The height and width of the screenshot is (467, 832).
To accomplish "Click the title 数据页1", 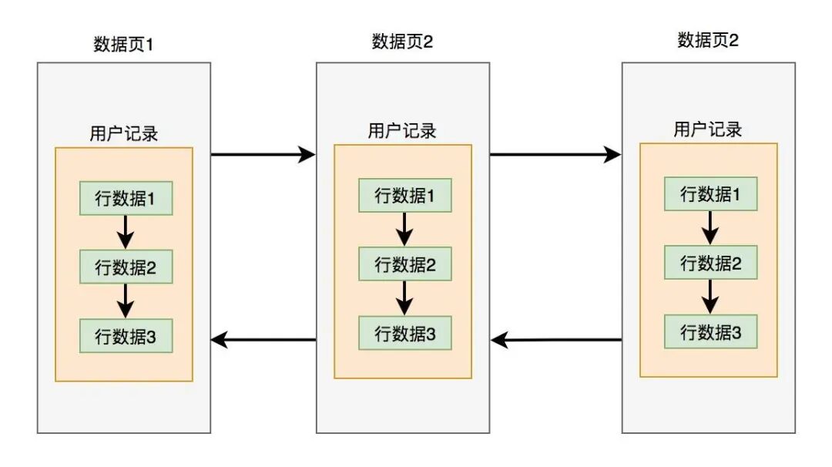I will click(124, 44).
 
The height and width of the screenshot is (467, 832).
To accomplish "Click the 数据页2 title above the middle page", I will click(402, 42).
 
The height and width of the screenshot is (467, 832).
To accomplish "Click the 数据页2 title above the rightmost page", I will click(708, 40).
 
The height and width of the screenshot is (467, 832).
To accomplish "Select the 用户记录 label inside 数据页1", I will click(124, 133).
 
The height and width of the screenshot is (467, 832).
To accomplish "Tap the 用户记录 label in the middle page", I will click(402, 131).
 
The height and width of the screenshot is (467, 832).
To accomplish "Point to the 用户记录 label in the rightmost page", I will click(708, 129).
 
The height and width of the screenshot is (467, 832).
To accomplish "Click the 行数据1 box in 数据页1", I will click(126, 198).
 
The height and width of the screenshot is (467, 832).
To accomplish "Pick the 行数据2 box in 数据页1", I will click(126, 267).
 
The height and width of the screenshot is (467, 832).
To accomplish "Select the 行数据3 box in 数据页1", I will click(126, 336).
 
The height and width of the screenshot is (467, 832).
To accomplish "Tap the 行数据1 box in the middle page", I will click(404, 196).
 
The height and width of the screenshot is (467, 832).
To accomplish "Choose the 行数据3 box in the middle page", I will click(404, 334).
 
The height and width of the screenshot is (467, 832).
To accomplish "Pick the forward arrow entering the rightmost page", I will click(555, 155).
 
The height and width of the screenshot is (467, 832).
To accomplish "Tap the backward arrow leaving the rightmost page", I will click(555, 339).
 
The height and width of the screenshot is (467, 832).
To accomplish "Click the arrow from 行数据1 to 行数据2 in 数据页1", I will click(126, 232).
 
